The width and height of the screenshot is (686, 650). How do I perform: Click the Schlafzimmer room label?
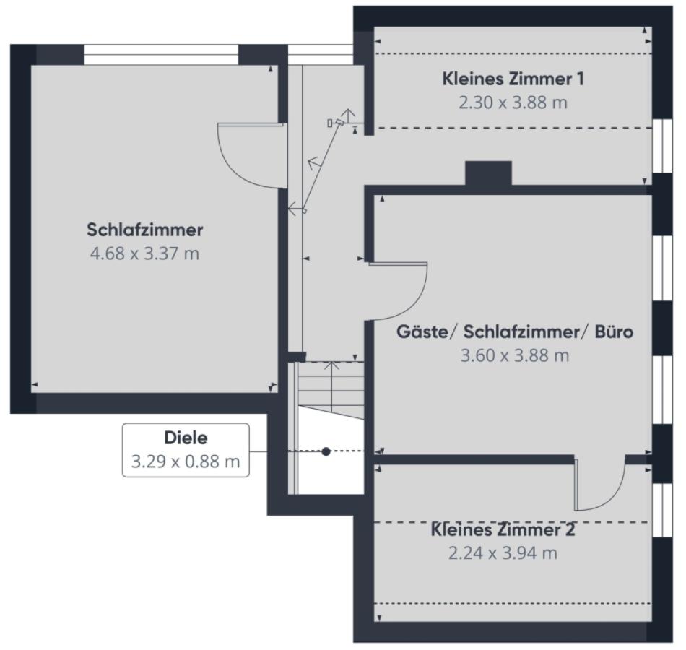(x=144, y=230)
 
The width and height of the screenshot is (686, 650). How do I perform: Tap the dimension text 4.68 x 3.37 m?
(x=144, y=254)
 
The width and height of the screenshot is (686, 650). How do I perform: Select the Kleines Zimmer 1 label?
(x=513, y=79)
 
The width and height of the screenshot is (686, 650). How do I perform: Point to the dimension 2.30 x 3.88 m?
(x=513, y=103)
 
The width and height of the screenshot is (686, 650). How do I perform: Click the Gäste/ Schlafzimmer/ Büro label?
(x=515, y=332)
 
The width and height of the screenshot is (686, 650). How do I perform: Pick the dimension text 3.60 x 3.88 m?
(x=515, y=356)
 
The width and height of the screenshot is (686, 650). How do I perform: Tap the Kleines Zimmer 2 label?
(x=503, y=530)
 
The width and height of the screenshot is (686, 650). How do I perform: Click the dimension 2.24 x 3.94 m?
(x=503, y=554)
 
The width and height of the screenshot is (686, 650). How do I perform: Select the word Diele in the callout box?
(x=186, y=438)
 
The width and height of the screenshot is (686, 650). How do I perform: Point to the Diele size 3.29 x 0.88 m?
(x=186, y=461)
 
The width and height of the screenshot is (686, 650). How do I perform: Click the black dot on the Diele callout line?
(x=326, y=451)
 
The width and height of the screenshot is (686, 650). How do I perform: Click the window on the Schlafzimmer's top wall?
(x=161, y=54)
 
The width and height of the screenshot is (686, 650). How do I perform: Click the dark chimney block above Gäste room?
(x=488, y=173)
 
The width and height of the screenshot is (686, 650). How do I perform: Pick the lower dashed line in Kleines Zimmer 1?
(x=513, y=129)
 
